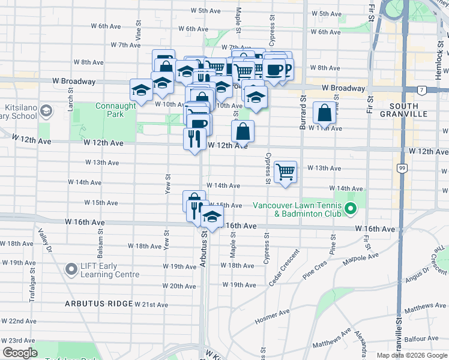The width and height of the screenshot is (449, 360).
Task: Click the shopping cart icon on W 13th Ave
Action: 286,172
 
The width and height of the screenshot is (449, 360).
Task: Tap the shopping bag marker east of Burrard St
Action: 324,113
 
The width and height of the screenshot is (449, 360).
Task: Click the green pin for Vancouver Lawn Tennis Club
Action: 352,209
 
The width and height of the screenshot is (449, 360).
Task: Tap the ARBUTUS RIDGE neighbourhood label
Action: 98,304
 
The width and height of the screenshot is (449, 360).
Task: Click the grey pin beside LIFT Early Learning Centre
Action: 71,270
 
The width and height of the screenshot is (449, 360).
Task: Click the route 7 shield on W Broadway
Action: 422,91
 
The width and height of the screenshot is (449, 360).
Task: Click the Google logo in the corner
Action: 20,353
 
